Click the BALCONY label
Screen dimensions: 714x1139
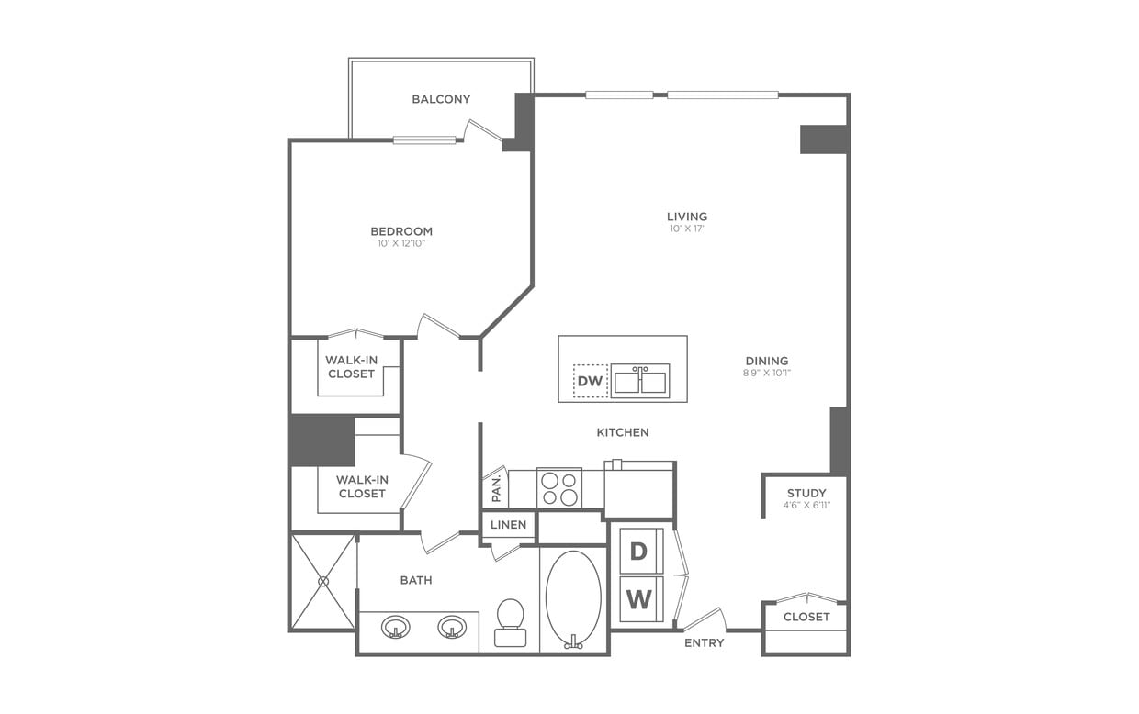coord(441,99)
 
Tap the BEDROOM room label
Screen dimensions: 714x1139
coord(401,231)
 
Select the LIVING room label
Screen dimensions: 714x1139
coord(687,217)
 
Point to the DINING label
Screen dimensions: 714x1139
coord(766,361)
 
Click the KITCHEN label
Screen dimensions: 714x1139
coord(623,432)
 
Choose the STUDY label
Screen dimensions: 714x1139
coord(806,493)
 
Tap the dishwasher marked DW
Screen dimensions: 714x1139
coord(590,381)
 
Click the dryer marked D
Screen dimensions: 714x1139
coord(639,552)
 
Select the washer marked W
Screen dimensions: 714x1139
coord(639,599)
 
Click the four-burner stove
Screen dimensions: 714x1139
coord(558,487)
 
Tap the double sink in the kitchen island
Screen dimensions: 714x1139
coord(640,381)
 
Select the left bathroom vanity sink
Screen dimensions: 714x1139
coord(396,628)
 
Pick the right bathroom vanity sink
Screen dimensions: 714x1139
coord(451,628)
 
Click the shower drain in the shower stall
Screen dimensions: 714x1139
coord(323,581)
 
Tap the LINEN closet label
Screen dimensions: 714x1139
coord(508,525)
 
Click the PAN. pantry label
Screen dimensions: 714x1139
coord(496,488)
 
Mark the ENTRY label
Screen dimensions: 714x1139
coord(704,642)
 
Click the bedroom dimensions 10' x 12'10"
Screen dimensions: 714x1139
coord(401,244)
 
